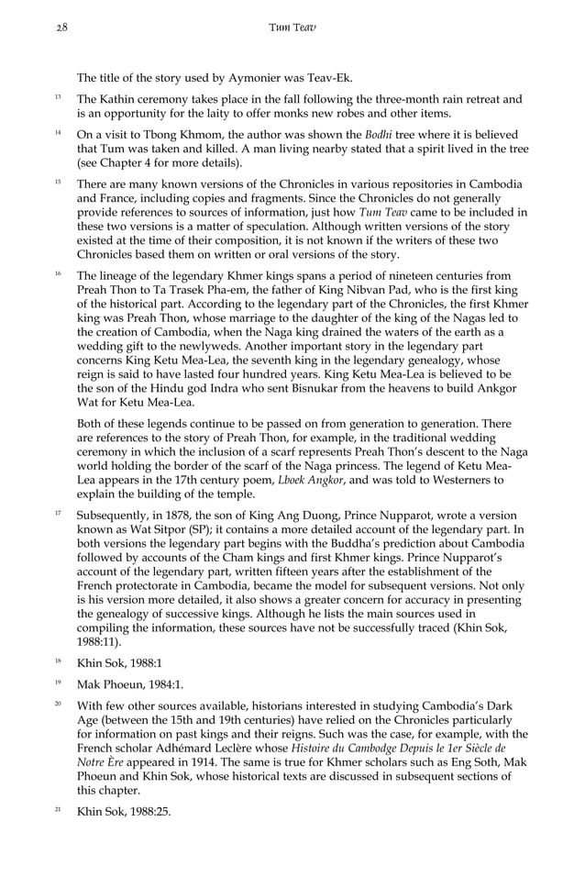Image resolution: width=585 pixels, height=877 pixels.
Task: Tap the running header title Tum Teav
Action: coord(292,28)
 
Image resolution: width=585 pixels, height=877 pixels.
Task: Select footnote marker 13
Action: coord(57,96)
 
